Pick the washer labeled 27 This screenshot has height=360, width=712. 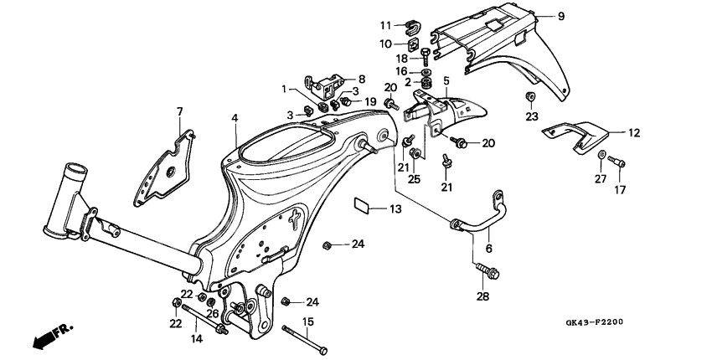pos(601,155)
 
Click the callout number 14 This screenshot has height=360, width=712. pos(197,339)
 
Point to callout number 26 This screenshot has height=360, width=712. pos(214,314)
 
